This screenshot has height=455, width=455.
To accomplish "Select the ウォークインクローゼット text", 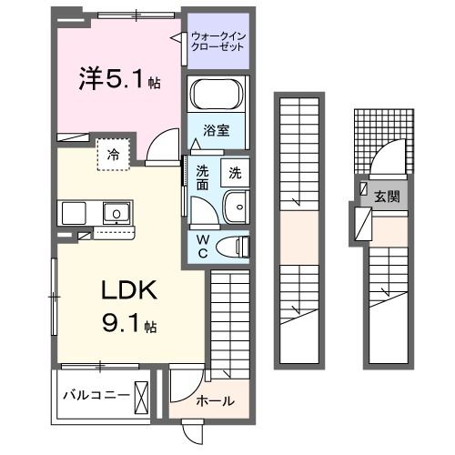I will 218,41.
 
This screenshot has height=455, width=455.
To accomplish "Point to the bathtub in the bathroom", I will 217,95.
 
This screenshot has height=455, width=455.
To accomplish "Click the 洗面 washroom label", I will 202,177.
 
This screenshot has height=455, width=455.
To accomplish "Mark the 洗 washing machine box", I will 234,171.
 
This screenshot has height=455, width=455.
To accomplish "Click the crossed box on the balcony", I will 143,396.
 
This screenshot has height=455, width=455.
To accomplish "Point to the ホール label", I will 216,400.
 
